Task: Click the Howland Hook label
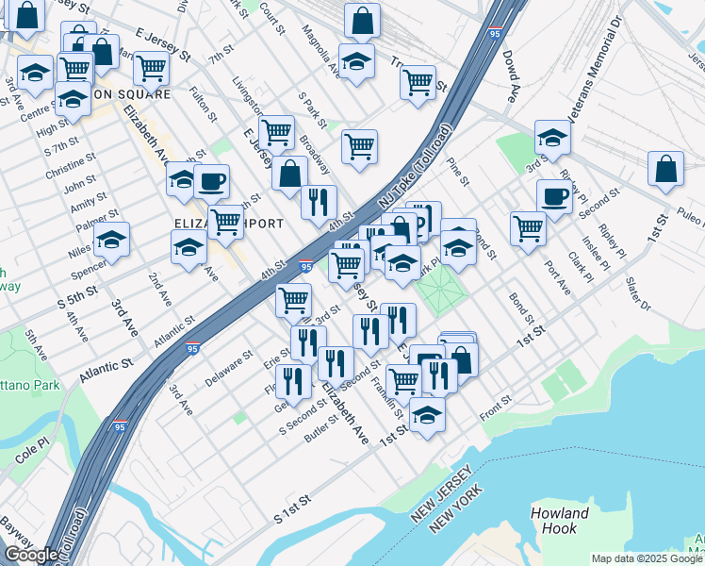click(x=560, y=522)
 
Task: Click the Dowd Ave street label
click(x=510, y=76)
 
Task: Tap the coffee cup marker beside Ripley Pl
click(x=554, y=196)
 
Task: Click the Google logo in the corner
click(x=31, y=555)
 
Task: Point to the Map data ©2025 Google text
click(x=647, y=558)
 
